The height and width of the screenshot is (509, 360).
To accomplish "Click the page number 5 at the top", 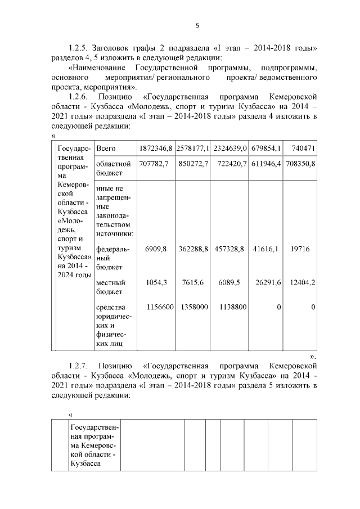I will point(197,25).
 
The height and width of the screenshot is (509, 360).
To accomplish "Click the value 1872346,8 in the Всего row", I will point(155,148).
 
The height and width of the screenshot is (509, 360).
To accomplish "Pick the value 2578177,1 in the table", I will point(192,148).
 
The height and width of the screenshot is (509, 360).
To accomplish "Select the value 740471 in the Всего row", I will point(303,148).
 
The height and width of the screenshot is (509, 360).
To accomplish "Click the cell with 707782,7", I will point(155,164).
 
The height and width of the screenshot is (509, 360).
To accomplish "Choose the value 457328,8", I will point(229,248).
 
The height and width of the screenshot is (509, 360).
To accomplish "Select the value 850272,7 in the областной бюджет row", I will point(193,164).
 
